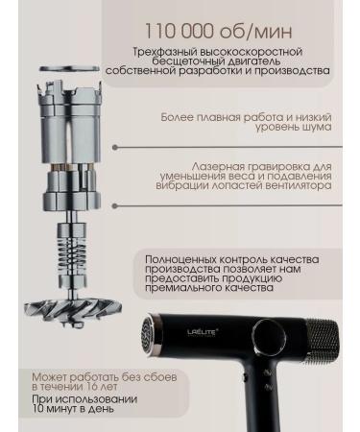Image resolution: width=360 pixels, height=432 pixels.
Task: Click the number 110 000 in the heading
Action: [x=180, y=31]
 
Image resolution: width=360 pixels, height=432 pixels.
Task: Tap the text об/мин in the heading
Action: [x=256, y=32]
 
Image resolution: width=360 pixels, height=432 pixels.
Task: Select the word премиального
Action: [x=178, y=287]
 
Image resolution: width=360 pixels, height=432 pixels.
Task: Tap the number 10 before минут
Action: [x=38, y=409]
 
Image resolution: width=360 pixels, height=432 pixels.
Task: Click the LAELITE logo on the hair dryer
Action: [x=203, y=332]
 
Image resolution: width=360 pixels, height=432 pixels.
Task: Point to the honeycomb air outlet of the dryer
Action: [x=148, y=334]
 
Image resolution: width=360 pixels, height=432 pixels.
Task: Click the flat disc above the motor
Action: [x=70, y=68]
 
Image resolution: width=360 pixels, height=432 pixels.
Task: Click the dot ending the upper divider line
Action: [x=115, y=147]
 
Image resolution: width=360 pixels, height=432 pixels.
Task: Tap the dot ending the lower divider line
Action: [x=115, y=205]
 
